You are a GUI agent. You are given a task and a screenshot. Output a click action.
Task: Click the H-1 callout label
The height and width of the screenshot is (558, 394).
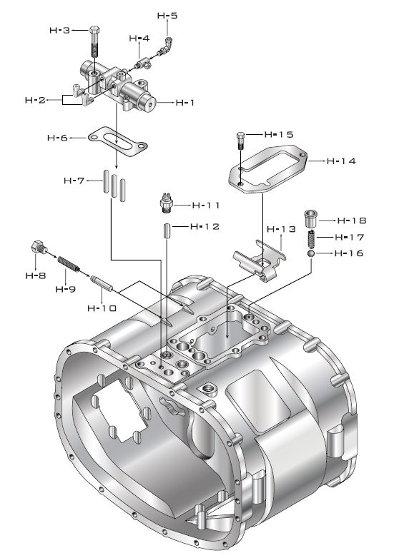click(x=185, y=103)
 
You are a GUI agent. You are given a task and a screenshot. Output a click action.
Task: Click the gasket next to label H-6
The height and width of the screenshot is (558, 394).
click(x=118, y=143)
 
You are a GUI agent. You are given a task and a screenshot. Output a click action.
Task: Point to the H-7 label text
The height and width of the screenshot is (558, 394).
click(x=73, y=181)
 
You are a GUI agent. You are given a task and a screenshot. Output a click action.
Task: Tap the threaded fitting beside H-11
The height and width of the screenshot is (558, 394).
click(x=166, y=205)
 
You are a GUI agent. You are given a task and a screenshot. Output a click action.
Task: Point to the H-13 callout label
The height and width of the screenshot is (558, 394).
click(x=280, y=229)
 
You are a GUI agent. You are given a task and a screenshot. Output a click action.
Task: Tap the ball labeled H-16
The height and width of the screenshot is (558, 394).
click(x=312, y=253)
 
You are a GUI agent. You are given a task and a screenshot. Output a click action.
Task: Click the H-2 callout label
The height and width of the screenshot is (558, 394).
click(x=36, y=101)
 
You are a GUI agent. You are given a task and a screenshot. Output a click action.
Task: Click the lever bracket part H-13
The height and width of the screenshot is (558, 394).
click(x=257, y=260)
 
